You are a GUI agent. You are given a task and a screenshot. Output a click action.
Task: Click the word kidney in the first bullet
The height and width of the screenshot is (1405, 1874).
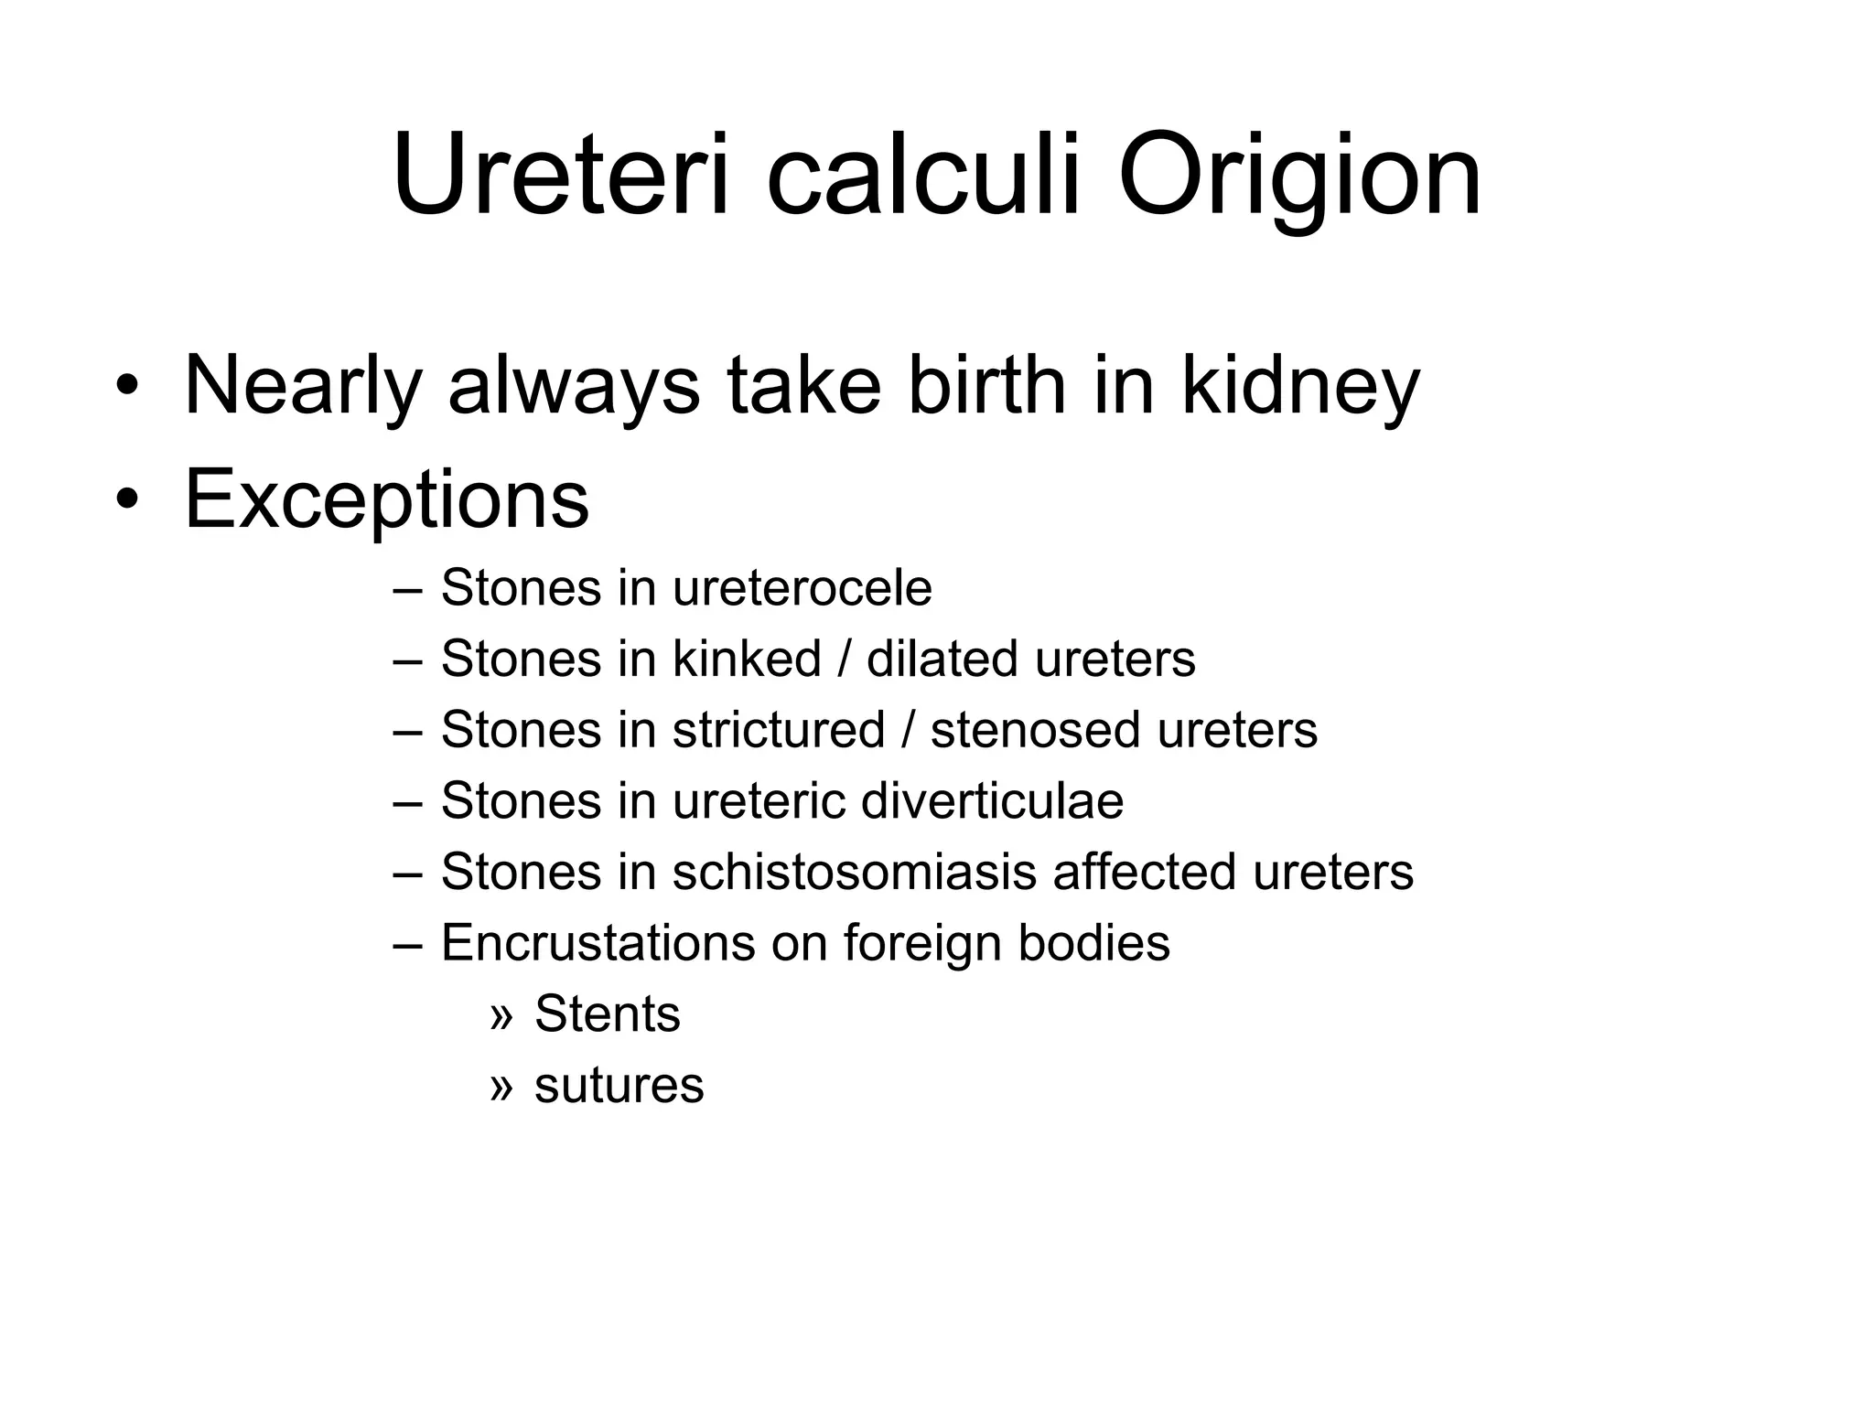pos(1300,386)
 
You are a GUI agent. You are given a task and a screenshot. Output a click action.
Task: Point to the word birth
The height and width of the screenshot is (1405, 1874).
pos(987,384)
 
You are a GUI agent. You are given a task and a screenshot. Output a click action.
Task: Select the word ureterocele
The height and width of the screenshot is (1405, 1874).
pos(802,587)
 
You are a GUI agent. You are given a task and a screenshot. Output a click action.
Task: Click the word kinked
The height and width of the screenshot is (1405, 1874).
pos(747,659)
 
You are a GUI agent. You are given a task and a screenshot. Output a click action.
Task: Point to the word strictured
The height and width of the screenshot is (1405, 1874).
pos(779,730)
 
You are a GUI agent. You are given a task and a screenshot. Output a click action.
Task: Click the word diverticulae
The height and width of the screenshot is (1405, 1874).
pos(992,800)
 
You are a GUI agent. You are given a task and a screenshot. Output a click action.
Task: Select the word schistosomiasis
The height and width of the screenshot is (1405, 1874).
pos(855,872)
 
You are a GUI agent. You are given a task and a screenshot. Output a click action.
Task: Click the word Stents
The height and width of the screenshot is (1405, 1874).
pos(608,1014)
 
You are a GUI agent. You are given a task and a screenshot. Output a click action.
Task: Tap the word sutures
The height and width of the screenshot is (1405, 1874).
pos(619,1085)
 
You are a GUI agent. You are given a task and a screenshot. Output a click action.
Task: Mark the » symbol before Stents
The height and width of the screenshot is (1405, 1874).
pos(501,1014)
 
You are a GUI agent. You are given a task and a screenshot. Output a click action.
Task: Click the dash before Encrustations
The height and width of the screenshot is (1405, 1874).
pos(406,943)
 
